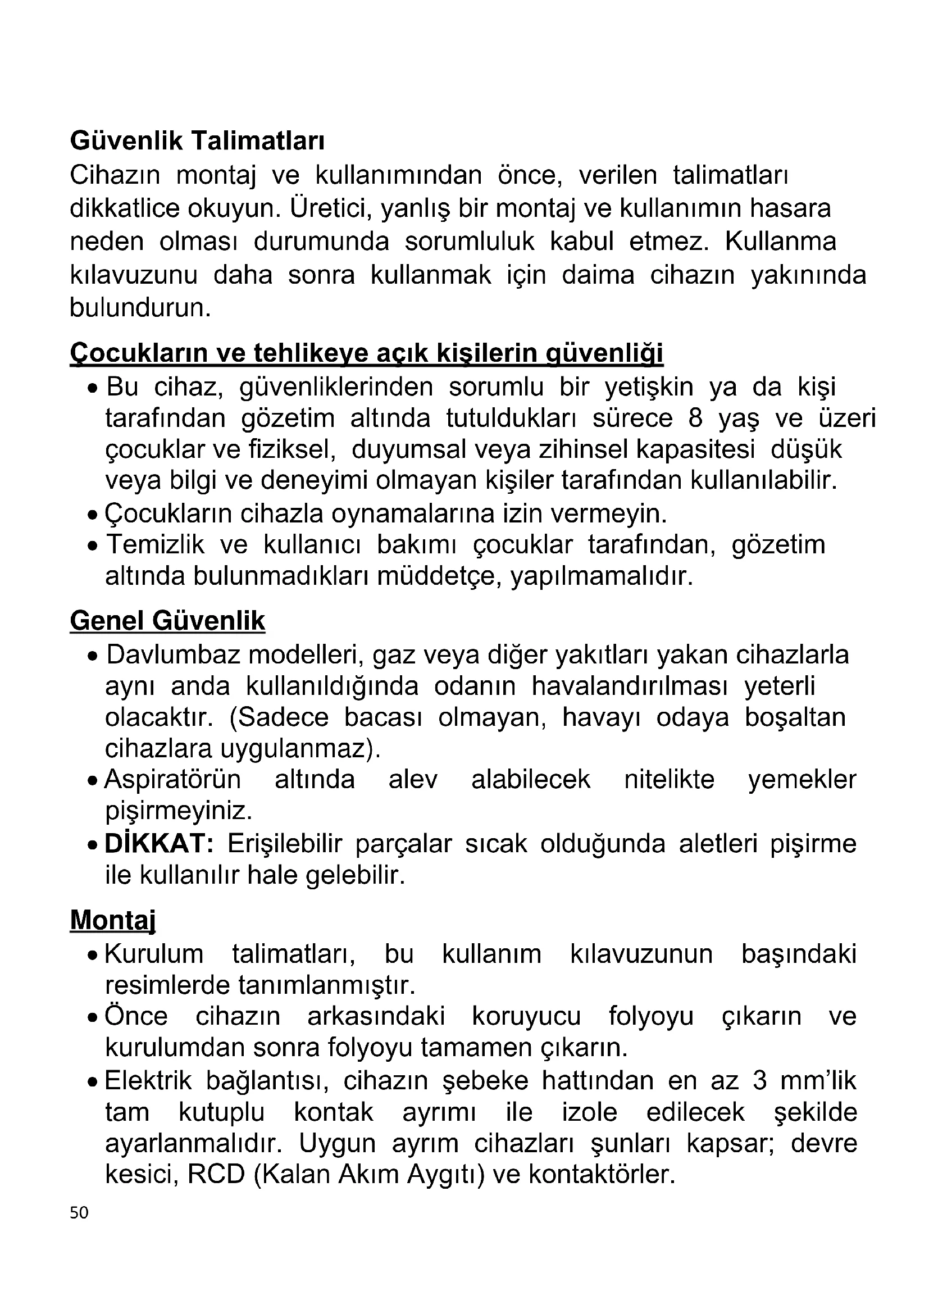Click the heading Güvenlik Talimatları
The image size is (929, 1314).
click(197, 141)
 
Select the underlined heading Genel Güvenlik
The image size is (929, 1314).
click(167, 621)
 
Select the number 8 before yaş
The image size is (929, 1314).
click(695, 419)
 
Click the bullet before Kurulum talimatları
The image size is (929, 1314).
click(93, 956)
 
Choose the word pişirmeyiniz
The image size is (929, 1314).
click(179, 811)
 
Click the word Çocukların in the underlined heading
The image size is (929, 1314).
click(138, 353)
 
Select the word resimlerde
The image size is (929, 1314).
click(167, 985)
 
